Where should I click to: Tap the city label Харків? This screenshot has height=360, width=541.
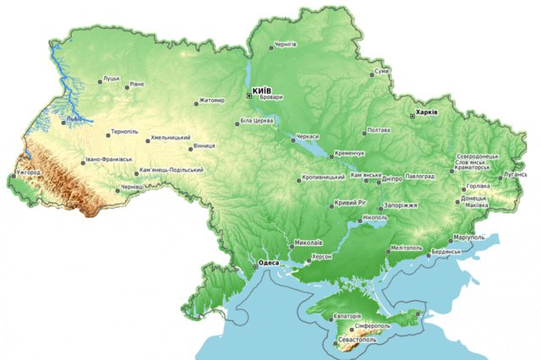pos(424,112)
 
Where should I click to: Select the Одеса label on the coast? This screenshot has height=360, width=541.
pos(269,263)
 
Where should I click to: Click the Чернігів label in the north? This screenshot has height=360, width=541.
pos(285,45)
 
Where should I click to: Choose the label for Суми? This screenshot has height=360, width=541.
pos(382,71)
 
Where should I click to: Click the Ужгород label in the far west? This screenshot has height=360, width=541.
pos(28,172)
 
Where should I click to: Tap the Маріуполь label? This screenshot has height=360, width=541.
pos(471,237)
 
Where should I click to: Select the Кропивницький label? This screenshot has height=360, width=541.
pos(324,177)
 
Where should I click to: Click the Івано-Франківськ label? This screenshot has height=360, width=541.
pos(110,159)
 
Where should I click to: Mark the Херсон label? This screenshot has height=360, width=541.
pos(324,255)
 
